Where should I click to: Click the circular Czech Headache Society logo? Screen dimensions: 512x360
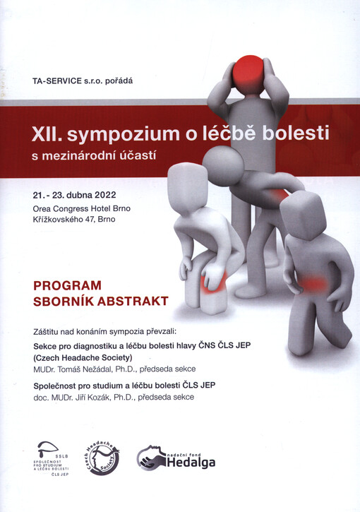point(102,456)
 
